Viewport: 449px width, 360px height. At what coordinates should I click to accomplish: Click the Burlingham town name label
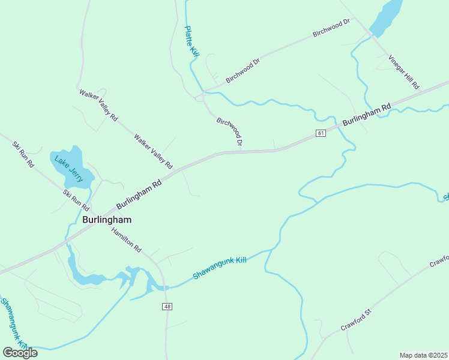tap(106, 220)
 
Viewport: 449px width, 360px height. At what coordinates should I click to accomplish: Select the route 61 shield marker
tap(321, 133)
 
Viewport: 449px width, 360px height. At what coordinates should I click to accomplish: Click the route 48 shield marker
tap(167, 307)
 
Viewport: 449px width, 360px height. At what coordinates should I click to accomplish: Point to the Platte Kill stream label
tap(191, 41)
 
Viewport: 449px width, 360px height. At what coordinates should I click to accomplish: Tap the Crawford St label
tap(357, 319)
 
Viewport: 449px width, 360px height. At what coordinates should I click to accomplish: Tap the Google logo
tap(20, 352)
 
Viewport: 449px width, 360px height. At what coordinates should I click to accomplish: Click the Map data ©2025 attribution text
tap(424, 355)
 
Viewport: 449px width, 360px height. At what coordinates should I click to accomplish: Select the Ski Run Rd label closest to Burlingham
tap(76, 200)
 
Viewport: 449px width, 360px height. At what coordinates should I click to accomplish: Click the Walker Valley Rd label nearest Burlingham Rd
tap(153, 151)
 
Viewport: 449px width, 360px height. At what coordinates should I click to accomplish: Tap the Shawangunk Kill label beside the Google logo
tap(13, 323)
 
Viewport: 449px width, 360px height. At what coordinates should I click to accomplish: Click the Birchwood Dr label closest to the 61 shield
tap(229, 131)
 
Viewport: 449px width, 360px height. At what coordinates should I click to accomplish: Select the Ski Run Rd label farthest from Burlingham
tap(23, 154)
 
